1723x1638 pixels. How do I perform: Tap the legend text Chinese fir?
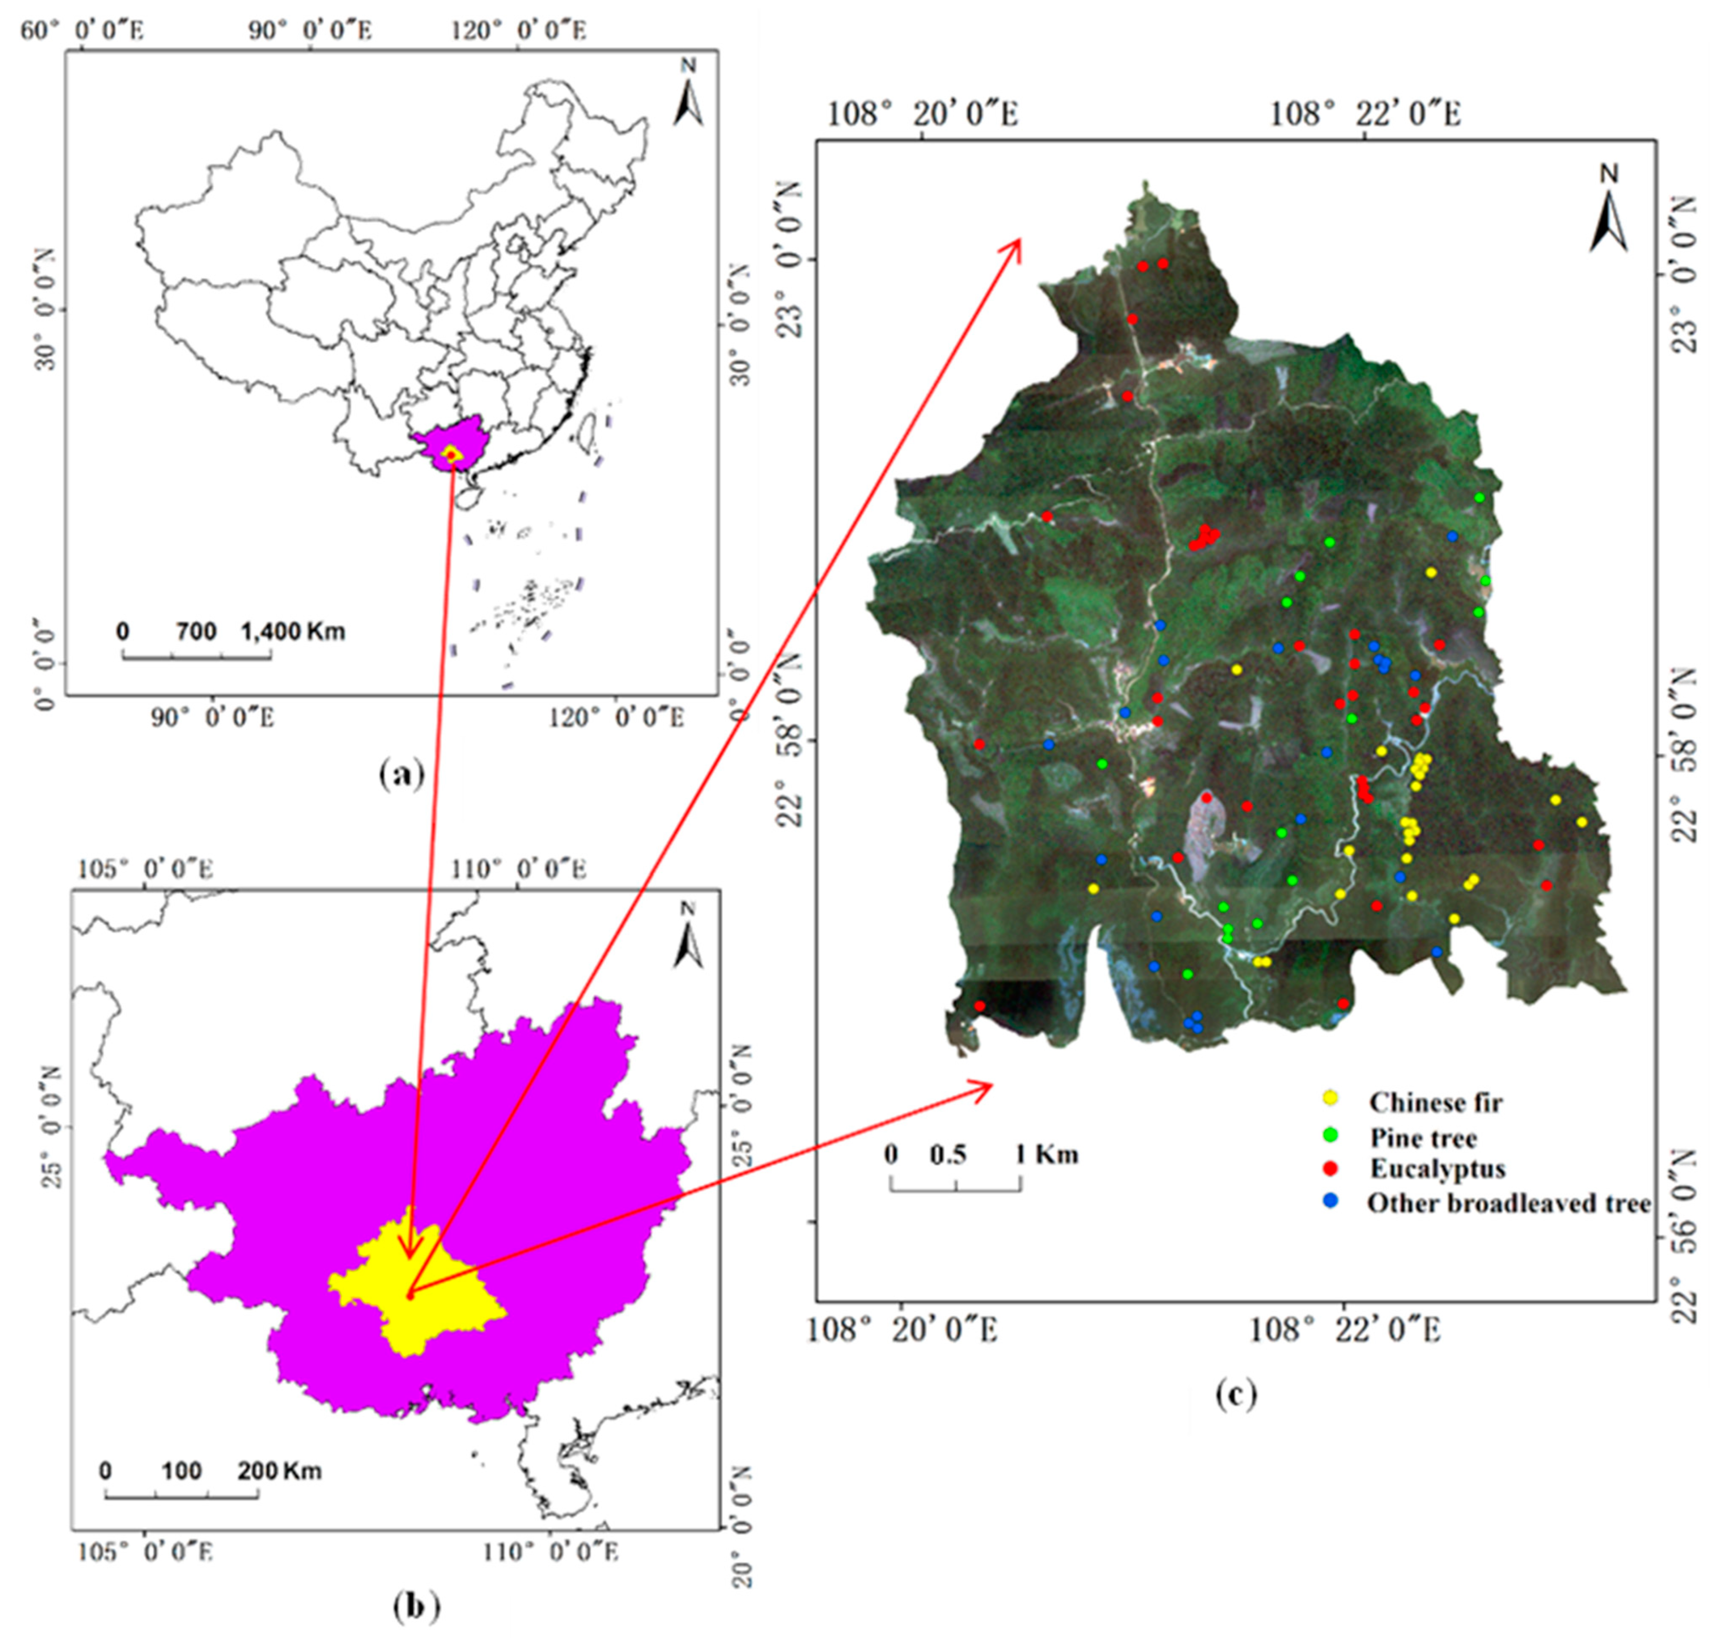(1435, 1103)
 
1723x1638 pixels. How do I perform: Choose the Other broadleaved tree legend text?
(1508, 1203)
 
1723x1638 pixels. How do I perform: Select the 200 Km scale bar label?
(279, 1471)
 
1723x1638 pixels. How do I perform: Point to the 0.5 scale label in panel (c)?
(947, 1155)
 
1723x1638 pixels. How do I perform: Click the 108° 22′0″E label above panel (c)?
(1364, 113)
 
